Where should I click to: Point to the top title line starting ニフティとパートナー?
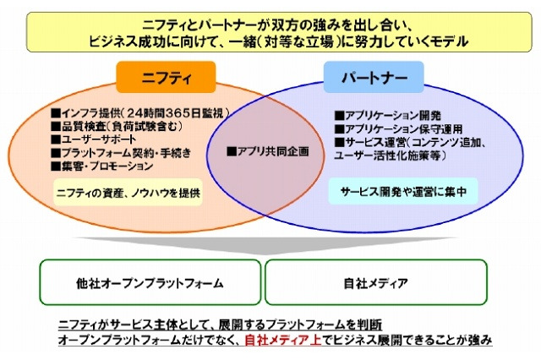[x=270, y=23]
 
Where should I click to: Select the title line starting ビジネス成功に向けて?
[x=270, y=40]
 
